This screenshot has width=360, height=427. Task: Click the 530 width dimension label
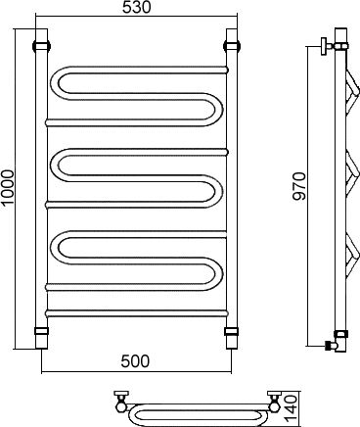(x=137, y=8)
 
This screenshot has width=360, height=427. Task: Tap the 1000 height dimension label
(x=8, y=188)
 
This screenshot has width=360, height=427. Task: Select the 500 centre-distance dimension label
(x=135, y=361)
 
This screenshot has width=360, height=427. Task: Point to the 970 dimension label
(x=299, y=186)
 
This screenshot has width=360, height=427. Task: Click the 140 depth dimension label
(x=291, y=408)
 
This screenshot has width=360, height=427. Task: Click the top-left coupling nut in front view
(x=41, y=45)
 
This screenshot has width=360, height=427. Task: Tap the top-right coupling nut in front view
(x=232, y=45)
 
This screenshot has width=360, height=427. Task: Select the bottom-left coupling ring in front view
(x=41, y=331)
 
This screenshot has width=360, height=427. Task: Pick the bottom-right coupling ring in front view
(x=232, y=331)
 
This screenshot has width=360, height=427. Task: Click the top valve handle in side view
(x=325, y=47)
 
